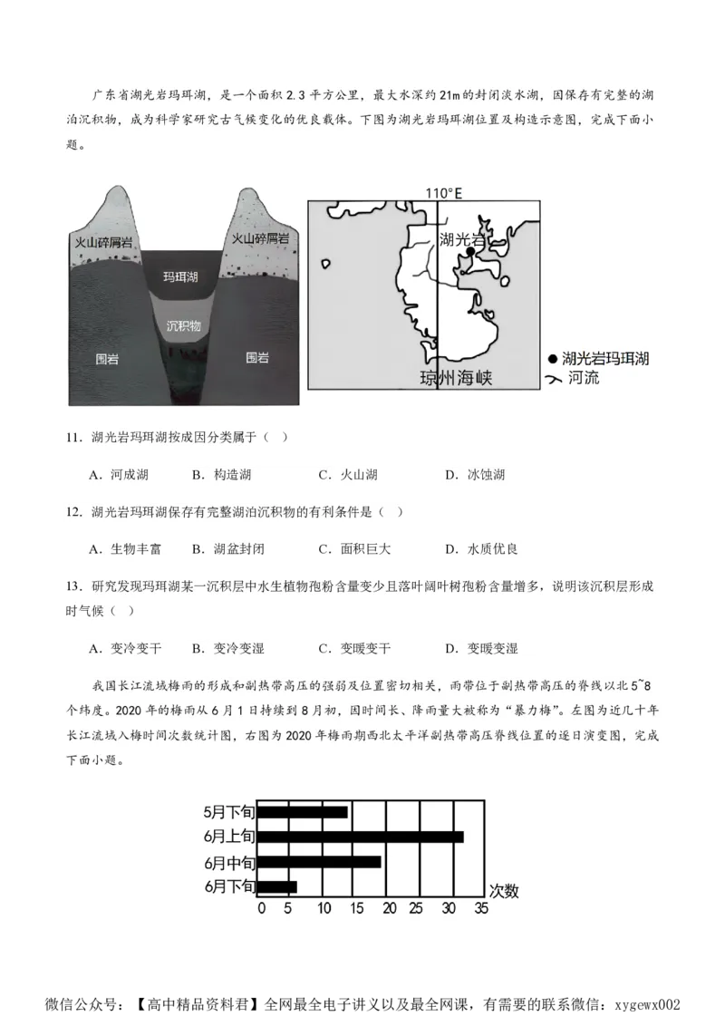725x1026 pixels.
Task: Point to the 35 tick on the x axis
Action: [x=481, y=908]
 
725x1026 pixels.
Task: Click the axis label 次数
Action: [x=504, y=890]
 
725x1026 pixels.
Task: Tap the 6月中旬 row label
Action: [x=229, y=861]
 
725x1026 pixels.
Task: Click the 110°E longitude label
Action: [x=443, y=192]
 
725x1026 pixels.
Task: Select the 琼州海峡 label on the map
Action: [x=456, y=378]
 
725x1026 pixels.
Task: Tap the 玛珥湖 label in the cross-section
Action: [x=180, y=276]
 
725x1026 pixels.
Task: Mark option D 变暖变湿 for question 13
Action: [x=482, y=649]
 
